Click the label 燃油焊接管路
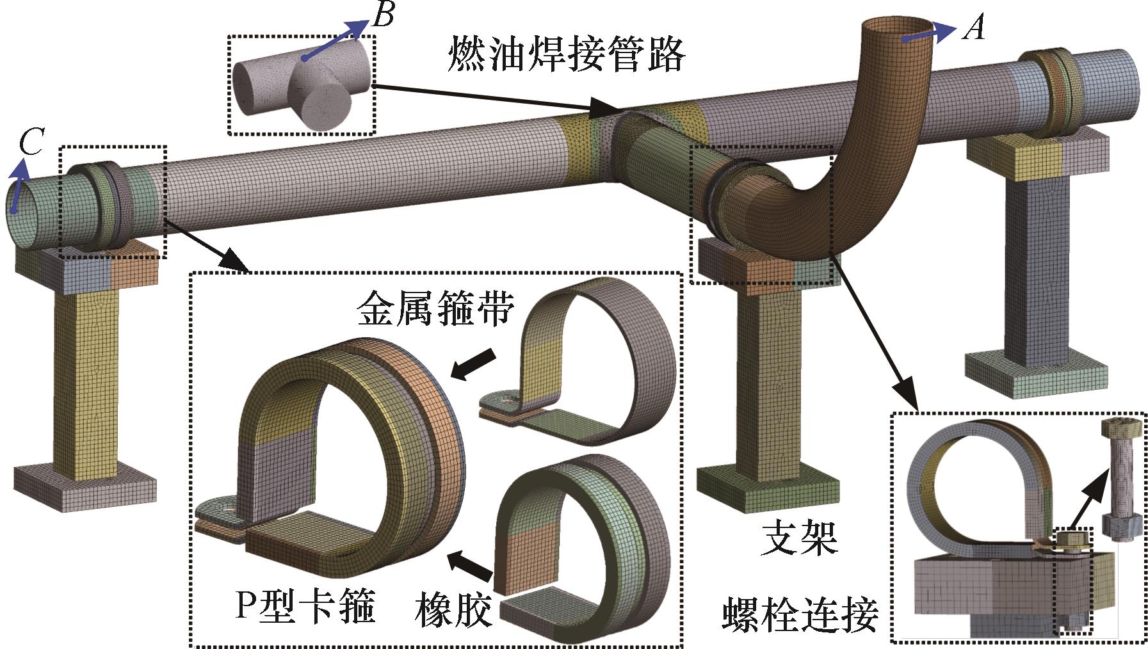tap(566, 54)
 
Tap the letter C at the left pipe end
tap(30, 142)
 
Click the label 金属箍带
tap(435, 309)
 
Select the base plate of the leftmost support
tap(85, 487)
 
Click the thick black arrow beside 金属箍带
tap(474, 363)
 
